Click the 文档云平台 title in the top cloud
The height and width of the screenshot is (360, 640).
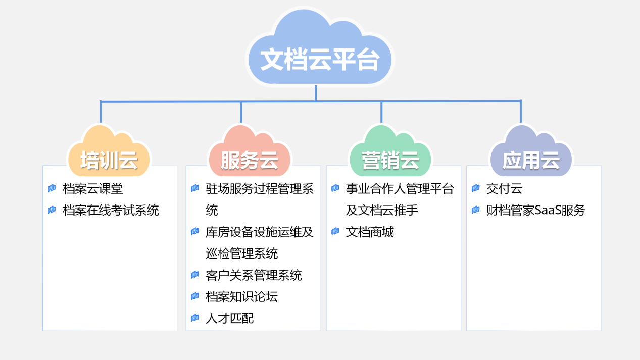[x=320, y=60]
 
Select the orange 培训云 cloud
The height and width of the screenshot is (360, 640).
[x=109, y=151]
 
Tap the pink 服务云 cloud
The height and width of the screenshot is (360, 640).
[x=250, y=151]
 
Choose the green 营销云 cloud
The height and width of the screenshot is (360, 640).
[x=390, y=151]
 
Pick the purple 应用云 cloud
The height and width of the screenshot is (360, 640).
[x=531, y=151]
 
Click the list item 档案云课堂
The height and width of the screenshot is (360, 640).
[x=92, y=189]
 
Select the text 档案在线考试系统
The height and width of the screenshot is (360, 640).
[x=111, y=211]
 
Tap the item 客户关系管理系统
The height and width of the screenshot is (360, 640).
[x=254, y=276]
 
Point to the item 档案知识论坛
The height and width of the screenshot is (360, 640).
[x=242, y=297]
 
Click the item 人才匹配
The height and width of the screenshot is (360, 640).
[x=229, y=319]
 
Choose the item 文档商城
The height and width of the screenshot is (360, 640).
[x=370, y=232]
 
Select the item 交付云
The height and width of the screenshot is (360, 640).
[x=504, y=189]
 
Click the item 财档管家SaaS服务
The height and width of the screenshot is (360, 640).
[x=536, y=211]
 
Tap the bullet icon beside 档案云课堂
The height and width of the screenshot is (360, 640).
[x=52, y=188]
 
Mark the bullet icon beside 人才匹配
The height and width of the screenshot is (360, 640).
[x=195, y=318]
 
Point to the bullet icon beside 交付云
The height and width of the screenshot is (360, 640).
[x=476, y=188]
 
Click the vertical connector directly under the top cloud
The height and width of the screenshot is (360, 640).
[x=316, y=93]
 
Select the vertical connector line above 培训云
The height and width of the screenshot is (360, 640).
[x=101, y=112]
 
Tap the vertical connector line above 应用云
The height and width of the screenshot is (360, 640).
[x=521, y=112]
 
